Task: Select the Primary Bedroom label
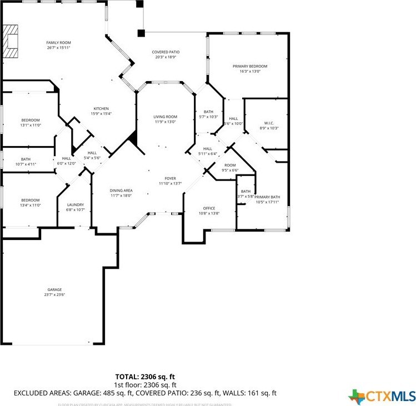pyautogui.click(x=250, y=66)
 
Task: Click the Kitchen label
pyautogui.click(x=101, y=108)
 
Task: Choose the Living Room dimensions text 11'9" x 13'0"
pyautogui.click(x=165, y=122)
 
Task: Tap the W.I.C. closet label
pyautogui.click(x=269, y=123)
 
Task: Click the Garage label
pyautogui.click(x=54, y=289)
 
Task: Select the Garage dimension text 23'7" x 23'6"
pyautogui.click(x=54, y=295)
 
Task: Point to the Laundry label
pyautogui.click(x=75, y=204)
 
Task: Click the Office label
pyautogui.click(x=209, y=208)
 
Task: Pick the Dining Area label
pyautogui.click(x=121, y=190)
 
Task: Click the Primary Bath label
pyautogui.click(x=268, y=197)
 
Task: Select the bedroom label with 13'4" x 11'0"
pyautogui.click(x=31, y=200)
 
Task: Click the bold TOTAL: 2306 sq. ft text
pyautogui.click(x=146, y=375)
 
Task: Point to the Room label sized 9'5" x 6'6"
pyautogui.click(x=230, y=166)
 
